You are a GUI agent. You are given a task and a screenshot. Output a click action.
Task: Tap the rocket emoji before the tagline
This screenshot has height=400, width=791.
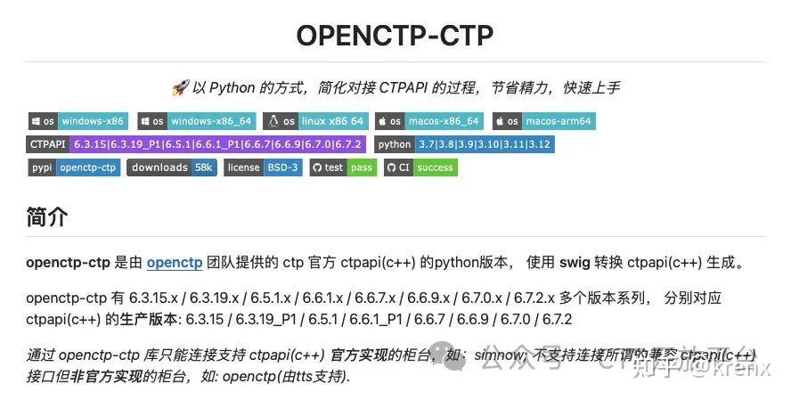tap(178, 87)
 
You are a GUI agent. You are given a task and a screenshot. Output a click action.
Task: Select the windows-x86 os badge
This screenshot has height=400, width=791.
tap(77, 121)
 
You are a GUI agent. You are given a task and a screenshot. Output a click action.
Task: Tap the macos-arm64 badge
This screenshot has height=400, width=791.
tap(544, 121)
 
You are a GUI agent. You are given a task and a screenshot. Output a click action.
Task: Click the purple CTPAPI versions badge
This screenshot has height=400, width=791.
tap(196, 144)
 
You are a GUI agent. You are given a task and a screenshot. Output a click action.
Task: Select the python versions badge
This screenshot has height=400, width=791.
tap(464, 144)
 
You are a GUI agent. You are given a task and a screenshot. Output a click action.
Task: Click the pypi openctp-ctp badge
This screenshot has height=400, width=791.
tap(75, 167)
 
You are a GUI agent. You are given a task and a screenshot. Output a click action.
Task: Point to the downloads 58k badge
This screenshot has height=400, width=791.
tap(172, 167)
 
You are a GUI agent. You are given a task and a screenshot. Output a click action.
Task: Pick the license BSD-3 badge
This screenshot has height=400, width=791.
tap(263, 167)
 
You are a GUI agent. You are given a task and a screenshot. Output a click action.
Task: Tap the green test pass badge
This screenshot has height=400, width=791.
tap(343, 167)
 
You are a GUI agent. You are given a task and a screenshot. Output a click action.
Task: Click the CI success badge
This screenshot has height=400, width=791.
tap(420, 167)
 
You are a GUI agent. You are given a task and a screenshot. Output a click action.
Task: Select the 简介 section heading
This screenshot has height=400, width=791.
tap(47, 216)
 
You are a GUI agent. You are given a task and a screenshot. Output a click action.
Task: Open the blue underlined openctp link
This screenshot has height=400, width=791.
tap(175, 263)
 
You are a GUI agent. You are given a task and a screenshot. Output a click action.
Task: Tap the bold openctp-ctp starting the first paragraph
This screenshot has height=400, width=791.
tap(68, 263)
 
